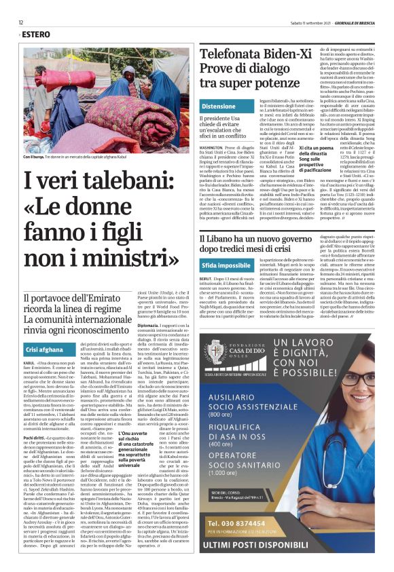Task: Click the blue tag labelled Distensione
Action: pyautogui.click(x=219, y=107)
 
